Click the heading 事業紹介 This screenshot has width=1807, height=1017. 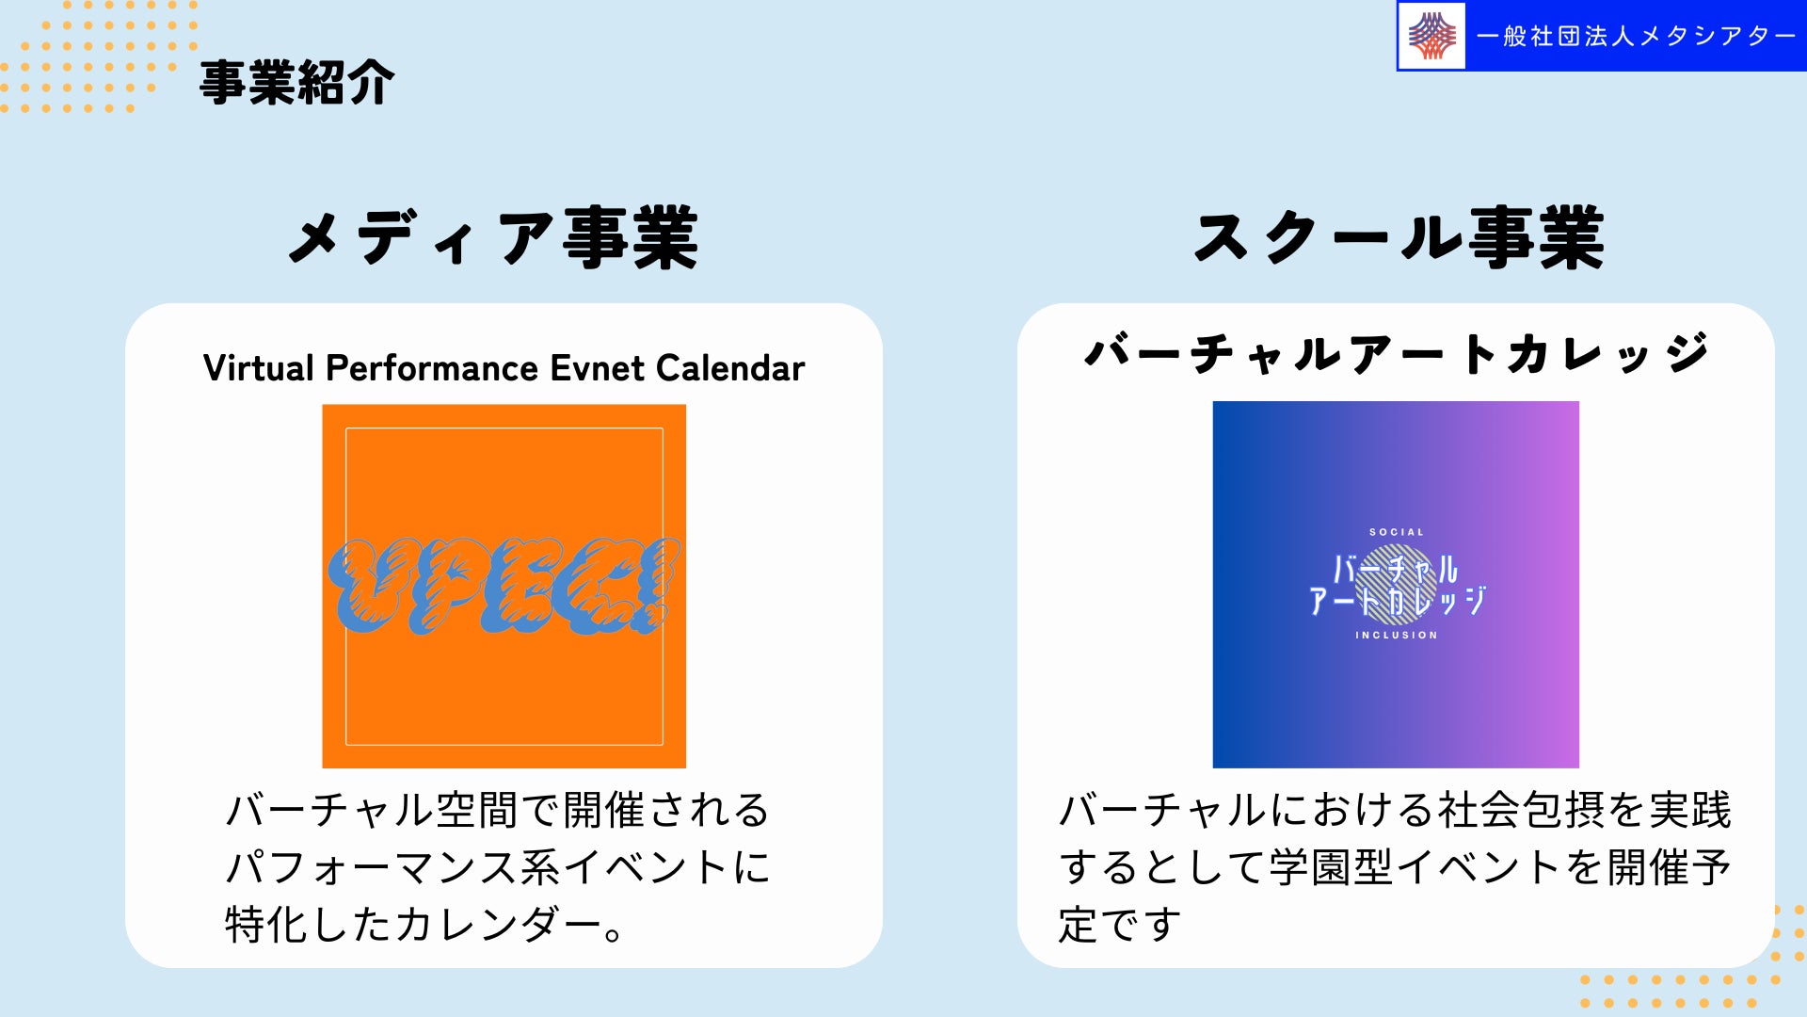(x=296, y=83)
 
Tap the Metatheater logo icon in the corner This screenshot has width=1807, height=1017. (x=1431, y=37)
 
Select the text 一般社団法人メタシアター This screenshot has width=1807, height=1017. (x=1637, y=37)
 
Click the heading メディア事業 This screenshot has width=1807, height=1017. (x=493, y=237)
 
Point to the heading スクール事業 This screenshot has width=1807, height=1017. (x=1399, y=237)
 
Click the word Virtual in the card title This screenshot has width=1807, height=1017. (x=259, y=368)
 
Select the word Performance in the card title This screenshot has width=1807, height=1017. (x=432, y=368)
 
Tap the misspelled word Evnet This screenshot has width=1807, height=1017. (x=598, y=368)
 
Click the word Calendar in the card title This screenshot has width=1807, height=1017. (x=731, y=368)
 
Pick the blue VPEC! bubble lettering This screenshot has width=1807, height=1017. (x=504, y=585)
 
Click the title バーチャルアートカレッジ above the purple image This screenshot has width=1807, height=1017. (x=1397, y=354)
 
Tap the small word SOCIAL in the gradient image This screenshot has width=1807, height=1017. (x=1397, y=532)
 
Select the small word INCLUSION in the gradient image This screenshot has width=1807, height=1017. (x=1397, y=636)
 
